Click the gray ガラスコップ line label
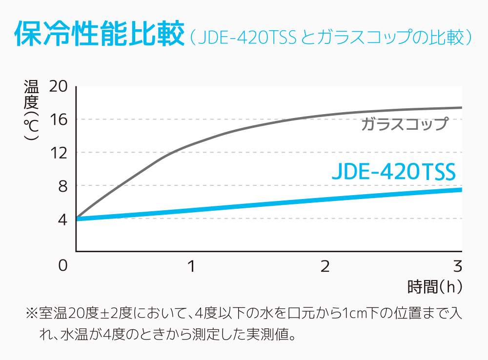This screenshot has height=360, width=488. tap(404, 124)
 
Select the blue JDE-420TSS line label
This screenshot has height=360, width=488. tap(393, 172)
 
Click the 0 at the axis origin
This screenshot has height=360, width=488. tap(62, 266)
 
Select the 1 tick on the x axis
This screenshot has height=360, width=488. tap(192, 266)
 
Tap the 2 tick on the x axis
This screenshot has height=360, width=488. tap(325, 266)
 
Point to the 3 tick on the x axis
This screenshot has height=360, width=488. tap(457, 266)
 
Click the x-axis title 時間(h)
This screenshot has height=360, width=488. tap(434, 287)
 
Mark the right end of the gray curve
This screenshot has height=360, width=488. tap(461, 108)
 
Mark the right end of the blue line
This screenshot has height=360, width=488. tap(461, 189)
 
